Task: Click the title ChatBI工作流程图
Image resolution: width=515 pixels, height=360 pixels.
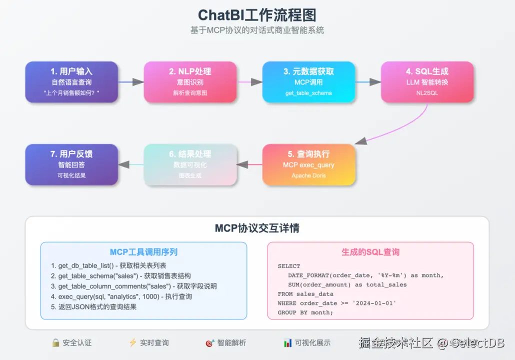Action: pos(257,14)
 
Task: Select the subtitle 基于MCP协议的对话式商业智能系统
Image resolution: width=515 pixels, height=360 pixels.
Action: pos(257,30)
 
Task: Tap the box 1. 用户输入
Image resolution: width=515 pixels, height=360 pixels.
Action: pos(71,82)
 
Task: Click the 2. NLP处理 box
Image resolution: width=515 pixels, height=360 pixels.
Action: pos(190,82)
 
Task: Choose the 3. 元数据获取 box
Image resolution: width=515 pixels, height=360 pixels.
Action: pos(308,82)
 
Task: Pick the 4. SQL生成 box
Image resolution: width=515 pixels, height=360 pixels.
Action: pos(427,82)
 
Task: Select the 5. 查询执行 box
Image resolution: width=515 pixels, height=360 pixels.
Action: pos(308,165)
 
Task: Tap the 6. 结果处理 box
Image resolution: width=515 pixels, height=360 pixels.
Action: pos(190,165)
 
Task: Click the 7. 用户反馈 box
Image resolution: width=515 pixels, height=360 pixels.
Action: pos(71,165)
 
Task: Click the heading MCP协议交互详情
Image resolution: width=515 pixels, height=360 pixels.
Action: pos(257,228)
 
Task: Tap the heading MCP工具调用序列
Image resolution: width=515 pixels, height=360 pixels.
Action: pos(143,252)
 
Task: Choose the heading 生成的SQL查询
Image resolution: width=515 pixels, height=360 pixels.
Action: pos(370,252)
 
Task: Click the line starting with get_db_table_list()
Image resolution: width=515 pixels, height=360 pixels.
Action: pos(108,266)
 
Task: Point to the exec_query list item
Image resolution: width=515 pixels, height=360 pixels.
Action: pos(121,296)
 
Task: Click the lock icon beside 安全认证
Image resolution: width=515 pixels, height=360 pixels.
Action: pos(56,343)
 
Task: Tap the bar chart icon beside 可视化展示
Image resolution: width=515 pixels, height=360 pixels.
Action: pos(287,343)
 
